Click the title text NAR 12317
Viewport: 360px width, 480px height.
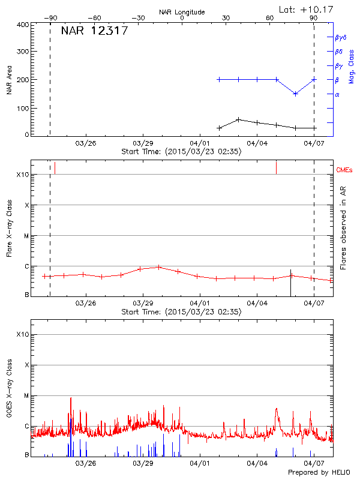click(x=94, y=31)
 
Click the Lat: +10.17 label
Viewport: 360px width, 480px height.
click(x=307, y=9)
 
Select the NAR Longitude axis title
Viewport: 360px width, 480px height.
click(x=182, y=12)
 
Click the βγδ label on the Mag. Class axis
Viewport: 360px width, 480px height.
click(x=341, y=37)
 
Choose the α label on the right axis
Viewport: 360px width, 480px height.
click(x=337, y=94)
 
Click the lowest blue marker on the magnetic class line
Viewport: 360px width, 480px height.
click(x=295, y=94)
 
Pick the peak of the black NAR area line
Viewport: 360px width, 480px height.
click(x=238, y=119)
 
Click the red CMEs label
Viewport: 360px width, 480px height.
click(x=345, y=170)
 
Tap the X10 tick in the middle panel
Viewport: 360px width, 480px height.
click(x=23, y=175)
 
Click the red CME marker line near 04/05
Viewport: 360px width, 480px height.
click(x=276, y=167)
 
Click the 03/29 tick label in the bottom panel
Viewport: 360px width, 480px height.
click(x=142, y=463)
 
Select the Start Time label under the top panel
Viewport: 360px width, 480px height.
click(x=181, y=152)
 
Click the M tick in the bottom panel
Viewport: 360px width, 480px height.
click(x=26, y=395)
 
